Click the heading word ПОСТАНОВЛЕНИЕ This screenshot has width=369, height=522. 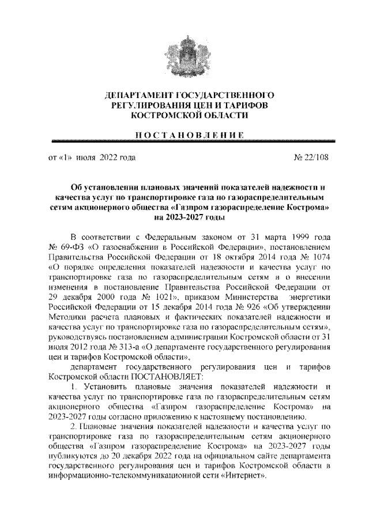(x=184, y=134)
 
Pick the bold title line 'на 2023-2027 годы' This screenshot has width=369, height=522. (x=184, y=218)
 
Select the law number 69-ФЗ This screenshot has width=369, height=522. (x=67, y=247)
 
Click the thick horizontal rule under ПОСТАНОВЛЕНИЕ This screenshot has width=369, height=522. (x=184, y=142)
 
